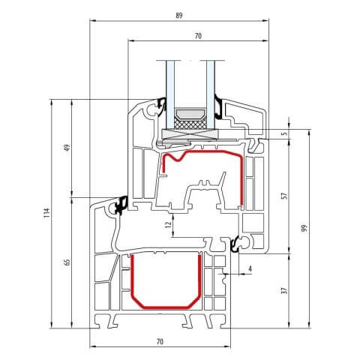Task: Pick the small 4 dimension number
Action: [249, 267]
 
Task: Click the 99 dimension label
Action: [304, 228]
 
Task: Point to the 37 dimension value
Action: [283, 290]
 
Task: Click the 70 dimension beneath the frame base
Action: [160, 342]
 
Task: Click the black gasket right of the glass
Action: [218, 106]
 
